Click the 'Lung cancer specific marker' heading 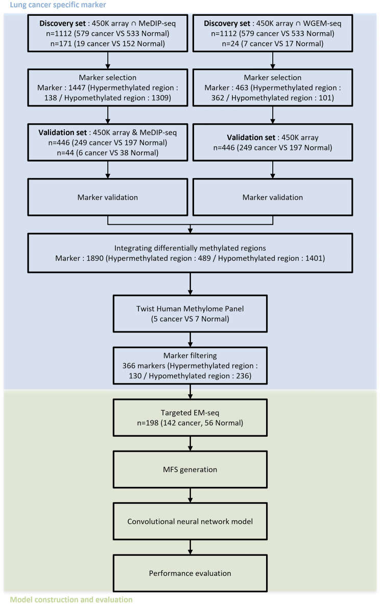53,5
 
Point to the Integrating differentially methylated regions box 190,252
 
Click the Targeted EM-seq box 190,418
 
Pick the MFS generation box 190,470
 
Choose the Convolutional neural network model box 190,522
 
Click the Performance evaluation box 190,573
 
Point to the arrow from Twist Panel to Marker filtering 190,341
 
